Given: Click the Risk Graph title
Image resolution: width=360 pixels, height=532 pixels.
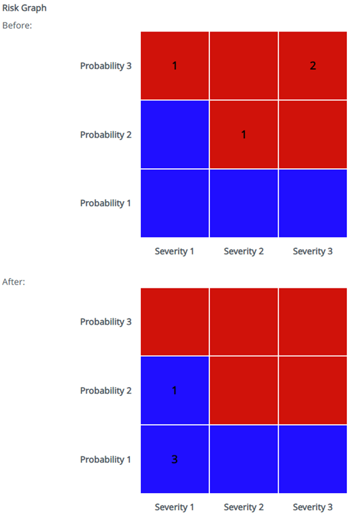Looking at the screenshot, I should point(25,9).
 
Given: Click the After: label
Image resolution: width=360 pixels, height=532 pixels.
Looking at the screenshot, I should point(14,281).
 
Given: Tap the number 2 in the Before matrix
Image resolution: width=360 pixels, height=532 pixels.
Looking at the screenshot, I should point(313,66).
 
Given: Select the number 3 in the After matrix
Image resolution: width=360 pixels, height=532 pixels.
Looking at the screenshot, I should point(175,460).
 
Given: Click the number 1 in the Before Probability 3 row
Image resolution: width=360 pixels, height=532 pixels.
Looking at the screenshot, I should point(175,66).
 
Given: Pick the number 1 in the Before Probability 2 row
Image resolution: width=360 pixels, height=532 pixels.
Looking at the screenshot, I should point(244,135).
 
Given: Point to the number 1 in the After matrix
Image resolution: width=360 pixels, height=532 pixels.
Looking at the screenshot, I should point(175,390).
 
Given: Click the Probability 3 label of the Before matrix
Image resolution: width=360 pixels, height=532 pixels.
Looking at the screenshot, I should point(105,66).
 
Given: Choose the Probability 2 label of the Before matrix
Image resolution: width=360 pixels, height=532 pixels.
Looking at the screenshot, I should point(105,135).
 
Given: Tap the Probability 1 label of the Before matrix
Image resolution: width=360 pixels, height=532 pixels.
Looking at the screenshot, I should point(105,203).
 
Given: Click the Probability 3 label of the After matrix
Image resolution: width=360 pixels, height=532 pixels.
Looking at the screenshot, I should point(105,321).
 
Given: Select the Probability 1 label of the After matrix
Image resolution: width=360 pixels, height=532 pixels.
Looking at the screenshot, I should point(105,460).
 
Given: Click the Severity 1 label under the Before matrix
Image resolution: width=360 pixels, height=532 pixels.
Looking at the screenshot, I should point(175,251).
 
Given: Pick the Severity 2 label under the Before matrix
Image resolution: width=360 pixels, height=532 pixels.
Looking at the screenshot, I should point(244,251).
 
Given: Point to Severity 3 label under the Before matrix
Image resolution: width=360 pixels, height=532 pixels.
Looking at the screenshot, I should point(313,251).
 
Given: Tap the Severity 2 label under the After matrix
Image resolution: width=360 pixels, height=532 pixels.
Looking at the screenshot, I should point(244,507).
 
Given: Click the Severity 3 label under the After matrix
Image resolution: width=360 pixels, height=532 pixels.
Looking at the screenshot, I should point(313,507).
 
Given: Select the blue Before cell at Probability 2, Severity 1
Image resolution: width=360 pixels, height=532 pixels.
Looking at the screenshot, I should point(175,135).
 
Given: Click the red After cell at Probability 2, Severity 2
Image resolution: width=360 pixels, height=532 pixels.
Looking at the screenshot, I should point(244,390).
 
